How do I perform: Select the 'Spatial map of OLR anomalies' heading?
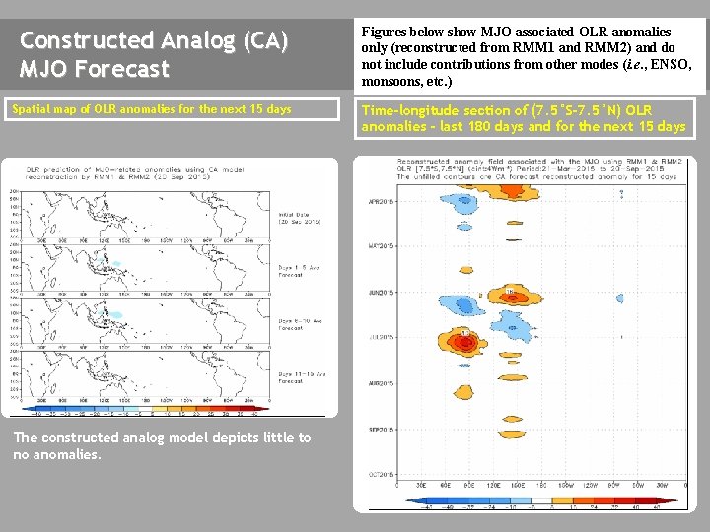coord(151,109)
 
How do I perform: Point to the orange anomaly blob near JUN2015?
coord(514,295)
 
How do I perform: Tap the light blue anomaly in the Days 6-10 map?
coord(117,319)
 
